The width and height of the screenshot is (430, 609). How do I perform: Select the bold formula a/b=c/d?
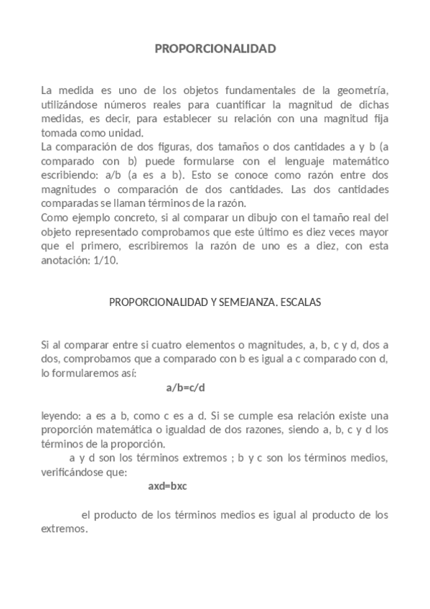186,388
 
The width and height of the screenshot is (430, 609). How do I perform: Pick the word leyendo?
60,415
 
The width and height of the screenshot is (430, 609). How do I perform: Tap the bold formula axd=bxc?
168,486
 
